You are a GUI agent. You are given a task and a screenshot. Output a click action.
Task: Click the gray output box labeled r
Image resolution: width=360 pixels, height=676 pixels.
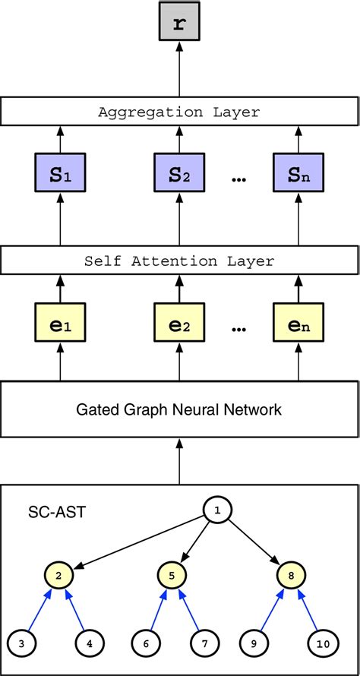[179, 24]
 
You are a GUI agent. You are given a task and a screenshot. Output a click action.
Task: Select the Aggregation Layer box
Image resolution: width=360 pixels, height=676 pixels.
[179, 112]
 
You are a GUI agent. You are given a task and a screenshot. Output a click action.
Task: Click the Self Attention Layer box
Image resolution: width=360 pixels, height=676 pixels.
[179, 261]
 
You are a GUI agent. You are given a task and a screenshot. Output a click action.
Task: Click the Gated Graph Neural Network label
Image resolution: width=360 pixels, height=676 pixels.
[179, 410]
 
